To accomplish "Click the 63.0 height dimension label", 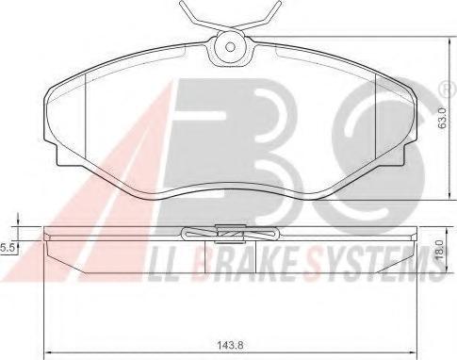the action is (x=443, y=118).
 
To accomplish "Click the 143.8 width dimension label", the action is (x=230, y=345).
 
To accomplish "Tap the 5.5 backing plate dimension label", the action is (x=7, y=248).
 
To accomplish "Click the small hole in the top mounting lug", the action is (x=230, y=47).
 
